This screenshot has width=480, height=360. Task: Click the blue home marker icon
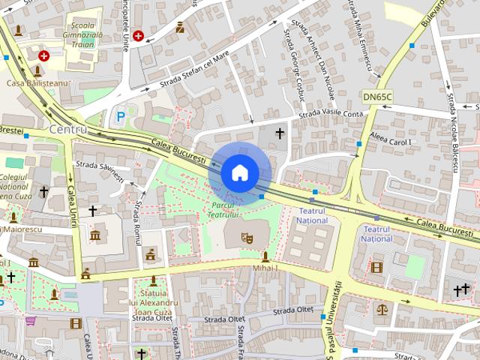coord(239,172)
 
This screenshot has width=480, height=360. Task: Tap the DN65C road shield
coord(377,97)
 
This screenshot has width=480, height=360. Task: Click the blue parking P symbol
coord(121,117)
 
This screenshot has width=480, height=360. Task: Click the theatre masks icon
coord(245,238)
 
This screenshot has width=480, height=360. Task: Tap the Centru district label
coord(67,129)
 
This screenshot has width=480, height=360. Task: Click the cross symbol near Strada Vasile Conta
coord(280,133)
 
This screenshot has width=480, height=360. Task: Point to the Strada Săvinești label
coord(100,170)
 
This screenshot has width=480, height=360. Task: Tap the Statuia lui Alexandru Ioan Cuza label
coord(154,303)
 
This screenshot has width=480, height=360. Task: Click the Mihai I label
coord(265,268)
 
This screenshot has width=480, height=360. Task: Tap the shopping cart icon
coord(31,321)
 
